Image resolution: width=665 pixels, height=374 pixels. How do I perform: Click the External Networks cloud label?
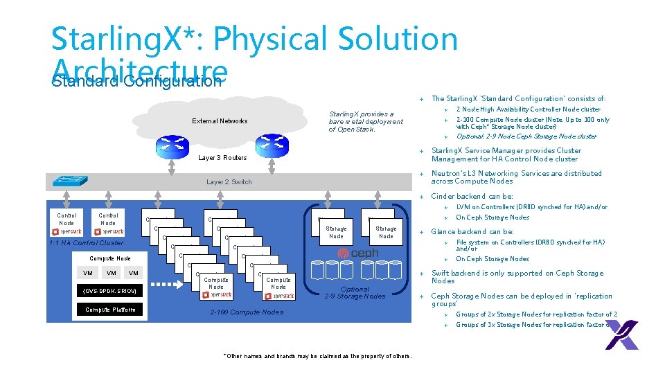[220, 121]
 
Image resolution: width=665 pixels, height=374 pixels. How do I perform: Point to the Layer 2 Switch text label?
[229, 182]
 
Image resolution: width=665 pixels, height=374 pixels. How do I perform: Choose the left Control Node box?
[66, 222]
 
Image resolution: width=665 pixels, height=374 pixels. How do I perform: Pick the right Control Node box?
[108, 222]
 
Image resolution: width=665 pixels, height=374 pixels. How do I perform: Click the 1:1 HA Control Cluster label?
[87, 243]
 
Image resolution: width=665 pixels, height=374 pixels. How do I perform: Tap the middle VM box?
[112, 273]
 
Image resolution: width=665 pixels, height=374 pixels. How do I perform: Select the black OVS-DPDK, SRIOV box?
[111, 291]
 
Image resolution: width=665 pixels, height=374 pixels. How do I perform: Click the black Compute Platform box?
[111, 310]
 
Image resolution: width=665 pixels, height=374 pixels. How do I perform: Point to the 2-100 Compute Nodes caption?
[247, 312]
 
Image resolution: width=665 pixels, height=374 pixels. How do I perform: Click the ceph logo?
[358, 254]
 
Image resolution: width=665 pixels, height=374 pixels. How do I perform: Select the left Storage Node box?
[336, 229]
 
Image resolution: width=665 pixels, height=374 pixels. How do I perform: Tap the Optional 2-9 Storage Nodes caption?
[355, 293]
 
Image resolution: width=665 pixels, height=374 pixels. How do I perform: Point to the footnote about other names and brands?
[317, 356]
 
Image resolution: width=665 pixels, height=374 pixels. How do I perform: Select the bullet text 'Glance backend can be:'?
[472, 232]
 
